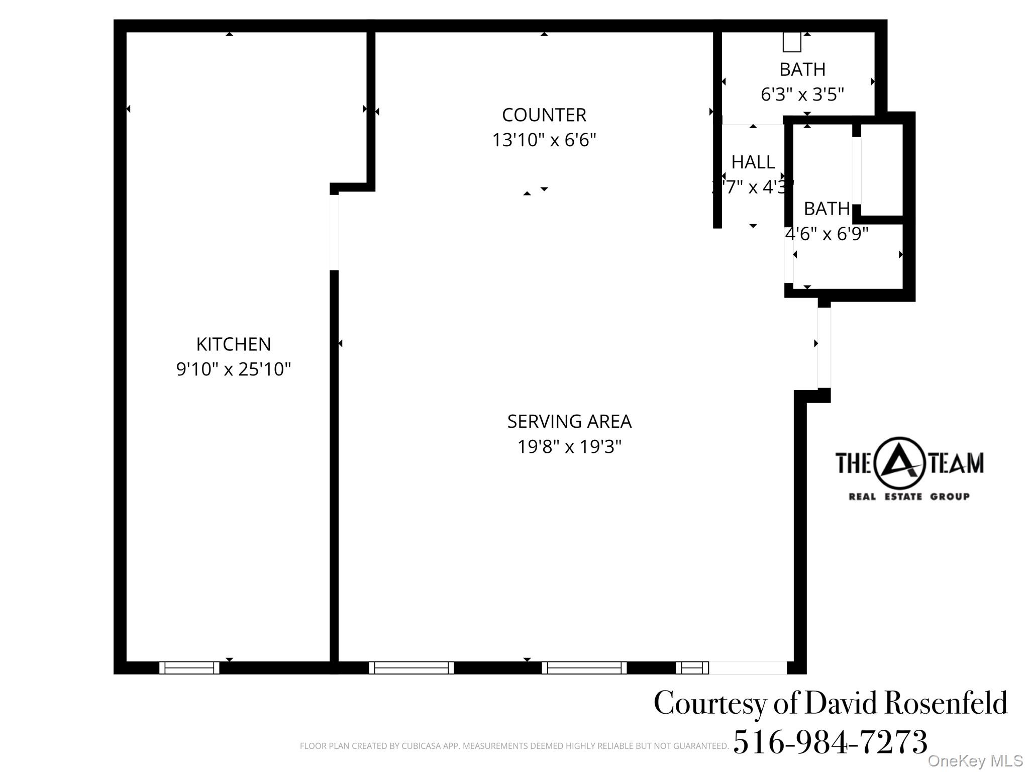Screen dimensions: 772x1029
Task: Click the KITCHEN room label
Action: tap(233, 344)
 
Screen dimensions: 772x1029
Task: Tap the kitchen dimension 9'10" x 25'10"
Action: tap(233, 369)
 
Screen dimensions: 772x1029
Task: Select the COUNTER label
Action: tap(544, 115)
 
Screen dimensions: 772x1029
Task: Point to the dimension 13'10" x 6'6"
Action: tap(544, 140)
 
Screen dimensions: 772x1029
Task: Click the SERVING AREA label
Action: tap(569, 421)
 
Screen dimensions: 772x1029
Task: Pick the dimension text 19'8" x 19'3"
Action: tap(569, 446)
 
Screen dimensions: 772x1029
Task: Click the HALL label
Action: tap(753, 162)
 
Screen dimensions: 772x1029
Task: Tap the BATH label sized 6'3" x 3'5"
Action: tap(802, 69)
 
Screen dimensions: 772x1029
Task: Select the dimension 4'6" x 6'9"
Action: tap(827, 234)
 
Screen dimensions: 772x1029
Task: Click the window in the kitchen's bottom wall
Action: tap(189, 667)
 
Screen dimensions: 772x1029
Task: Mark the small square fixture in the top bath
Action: tap(791, 42)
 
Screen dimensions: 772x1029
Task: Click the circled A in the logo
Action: tap(899, 463)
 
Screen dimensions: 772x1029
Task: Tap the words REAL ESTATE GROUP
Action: tap(908, 497)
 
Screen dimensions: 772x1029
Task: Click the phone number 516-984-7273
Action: tap(830, 742)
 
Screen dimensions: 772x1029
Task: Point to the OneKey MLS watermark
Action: tap(975, 761)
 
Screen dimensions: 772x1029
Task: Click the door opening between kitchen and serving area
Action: tap(334, 232)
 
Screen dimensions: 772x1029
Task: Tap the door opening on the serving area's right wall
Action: tap(824, 347)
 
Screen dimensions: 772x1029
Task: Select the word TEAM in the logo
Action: tap(956, 463)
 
